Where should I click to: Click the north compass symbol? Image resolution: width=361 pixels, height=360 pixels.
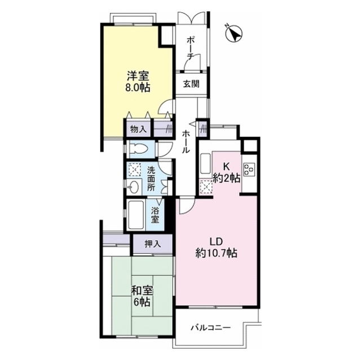pos(234,34)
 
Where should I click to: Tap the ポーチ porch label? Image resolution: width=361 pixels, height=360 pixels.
pos(191,48)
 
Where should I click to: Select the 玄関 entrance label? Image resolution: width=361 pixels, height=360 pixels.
pos(191,84)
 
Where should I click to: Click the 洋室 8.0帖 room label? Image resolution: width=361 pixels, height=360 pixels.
pos(138,82)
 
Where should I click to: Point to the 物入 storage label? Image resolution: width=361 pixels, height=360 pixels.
pos(138,130)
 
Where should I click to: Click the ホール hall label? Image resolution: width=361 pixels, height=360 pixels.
pos(186,142)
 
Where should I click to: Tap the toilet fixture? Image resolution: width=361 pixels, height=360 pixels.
pos(139,149)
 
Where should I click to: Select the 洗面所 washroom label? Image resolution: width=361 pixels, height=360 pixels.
pos(151,179)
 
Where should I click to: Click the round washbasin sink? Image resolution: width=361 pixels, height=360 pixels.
pos(133,186)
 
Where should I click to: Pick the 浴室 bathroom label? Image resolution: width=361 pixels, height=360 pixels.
pos(155,215)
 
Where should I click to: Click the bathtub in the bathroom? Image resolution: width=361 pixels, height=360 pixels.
pos(136,215)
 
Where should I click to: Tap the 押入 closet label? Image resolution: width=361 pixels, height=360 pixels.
pos(153,244)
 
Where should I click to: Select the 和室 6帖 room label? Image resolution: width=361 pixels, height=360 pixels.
pos(142,296)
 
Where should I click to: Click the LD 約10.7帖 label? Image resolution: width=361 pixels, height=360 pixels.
pos(216,247)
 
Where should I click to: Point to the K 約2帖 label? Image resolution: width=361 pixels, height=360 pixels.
pos(227,172)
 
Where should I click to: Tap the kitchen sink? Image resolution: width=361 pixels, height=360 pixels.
pos(205,164)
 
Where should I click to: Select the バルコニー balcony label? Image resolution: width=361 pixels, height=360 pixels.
pos(210,327)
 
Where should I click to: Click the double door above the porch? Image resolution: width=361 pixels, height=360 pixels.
pos(191,18)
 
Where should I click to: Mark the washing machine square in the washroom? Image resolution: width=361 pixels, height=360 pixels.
pos(135,169)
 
